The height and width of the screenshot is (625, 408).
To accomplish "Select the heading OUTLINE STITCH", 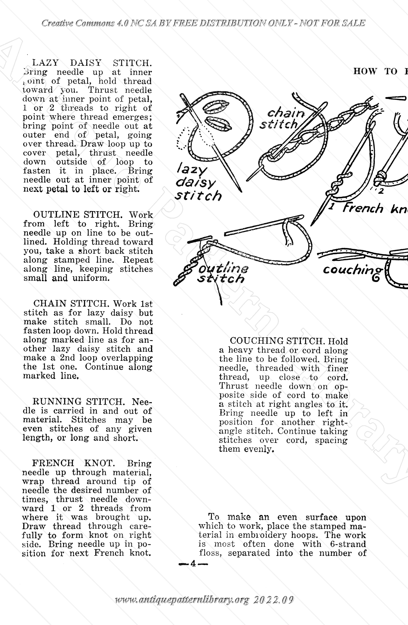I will pyautogui.click(x=78, y=215).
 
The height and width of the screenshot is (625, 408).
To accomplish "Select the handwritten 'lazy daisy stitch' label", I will pyautogui.click(x=197, y=182).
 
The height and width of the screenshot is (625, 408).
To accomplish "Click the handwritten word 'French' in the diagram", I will pyautogui.click(x=363, y=209).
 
